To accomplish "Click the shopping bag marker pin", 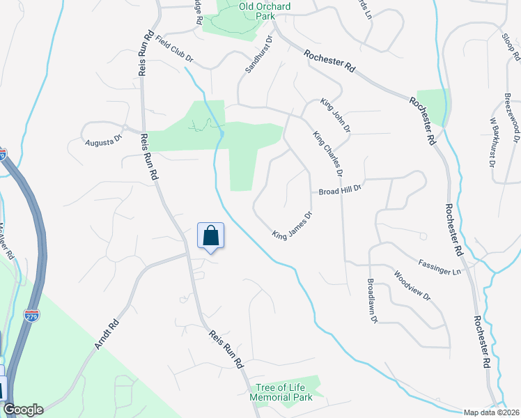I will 211,237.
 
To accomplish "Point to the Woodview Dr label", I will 412,286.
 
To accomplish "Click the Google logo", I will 22,409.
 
